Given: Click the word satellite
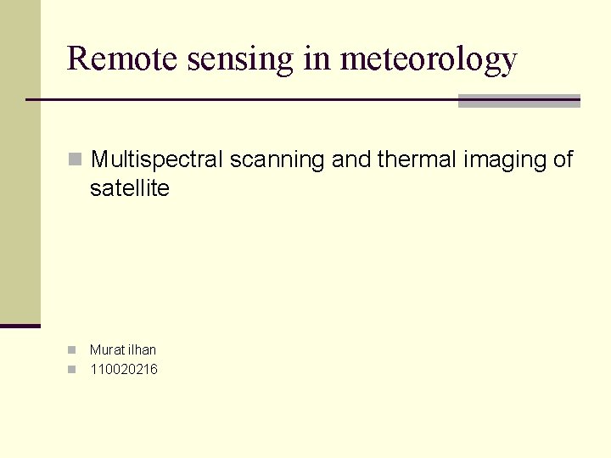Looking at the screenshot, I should coord(130,188).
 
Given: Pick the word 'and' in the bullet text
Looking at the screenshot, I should coord(350,159).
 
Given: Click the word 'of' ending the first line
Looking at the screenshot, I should coord(563,159).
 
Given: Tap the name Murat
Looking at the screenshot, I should coord(106,349).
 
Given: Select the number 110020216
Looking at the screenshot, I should coord(124,369).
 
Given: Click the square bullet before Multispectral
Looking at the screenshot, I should coord(76,159).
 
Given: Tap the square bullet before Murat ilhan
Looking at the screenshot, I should coord(72,349).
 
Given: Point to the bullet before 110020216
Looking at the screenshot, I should coord(72,369).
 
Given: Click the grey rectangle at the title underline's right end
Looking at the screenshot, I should coord(519,101).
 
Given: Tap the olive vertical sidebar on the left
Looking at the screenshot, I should coord(20,161).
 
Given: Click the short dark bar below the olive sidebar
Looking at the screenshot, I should coord(20,326).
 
